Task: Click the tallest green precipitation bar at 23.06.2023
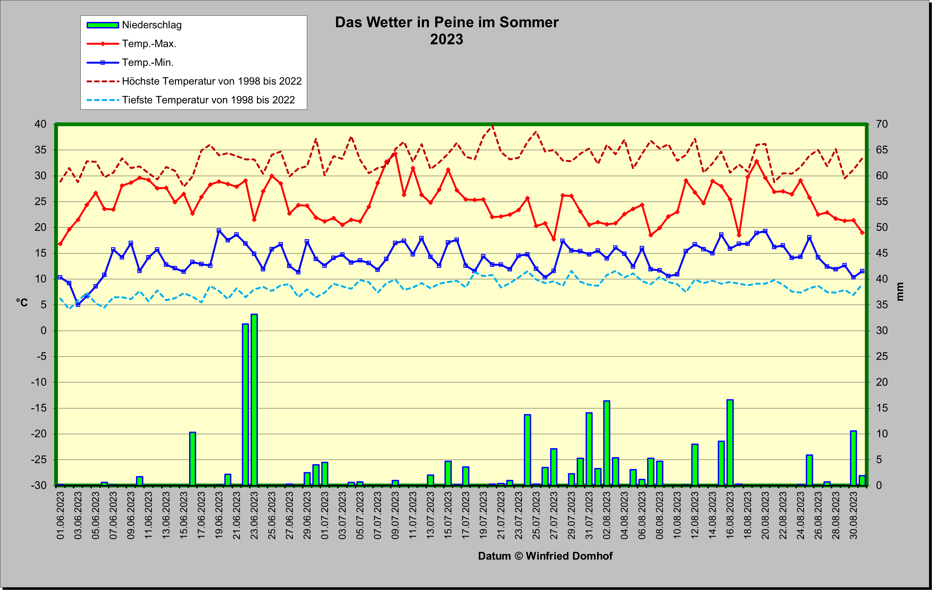[254, 400]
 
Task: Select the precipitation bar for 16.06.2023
[192, 459]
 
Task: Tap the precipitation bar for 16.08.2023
[730, 443]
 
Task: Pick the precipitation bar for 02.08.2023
[606, 443]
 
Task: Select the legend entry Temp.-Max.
[149, 44]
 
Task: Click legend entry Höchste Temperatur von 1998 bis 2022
[212, 81]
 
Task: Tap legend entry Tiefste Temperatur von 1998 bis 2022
[208, 100]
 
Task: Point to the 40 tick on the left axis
[41, 124]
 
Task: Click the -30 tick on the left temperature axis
[39, 485]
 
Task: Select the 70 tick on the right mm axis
[882, 124]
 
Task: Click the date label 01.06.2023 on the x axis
[61, 515]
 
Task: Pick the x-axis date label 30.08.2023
[854, 515]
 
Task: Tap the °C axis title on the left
[22, 302]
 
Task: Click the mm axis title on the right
[900, 291]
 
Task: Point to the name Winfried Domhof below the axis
[569, 556]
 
